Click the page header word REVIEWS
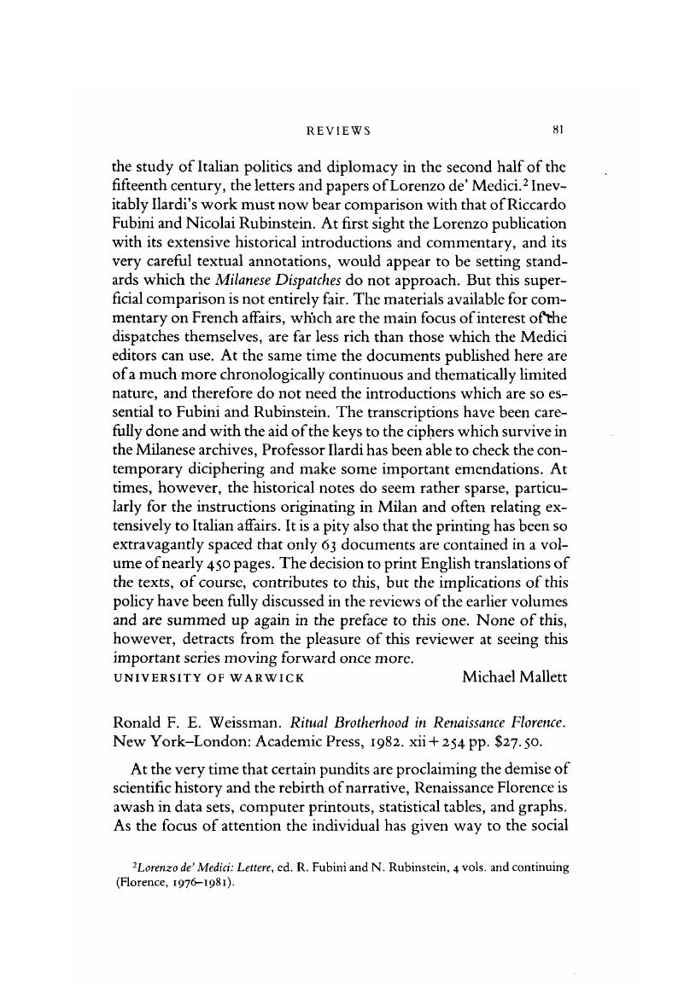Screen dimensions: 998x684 [x=338, y=131]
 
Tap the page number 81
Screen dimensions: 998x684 [x=560, y=130]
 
